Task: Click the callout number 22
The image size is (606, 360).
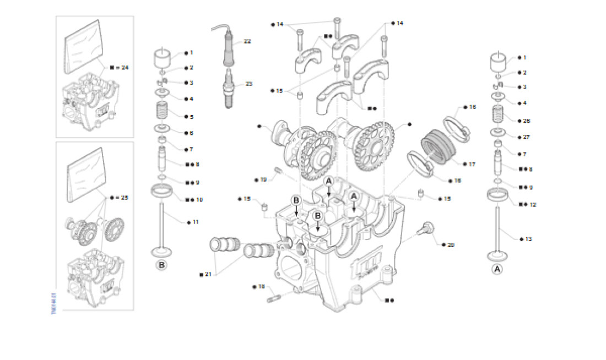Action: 247,41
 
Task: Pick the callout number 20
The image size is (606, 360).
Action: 451,244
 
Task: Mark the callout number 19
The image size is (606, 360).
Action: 263,179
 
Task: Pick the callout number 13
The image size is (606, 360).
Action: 528,239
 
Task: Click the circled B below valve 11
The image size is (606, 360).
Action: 162,265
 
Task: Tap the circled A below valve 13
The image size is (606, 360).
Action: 497,269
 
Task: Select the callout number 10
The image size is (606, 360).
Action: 199,200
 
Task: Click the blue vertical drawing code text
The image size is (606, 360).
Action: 54,303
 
